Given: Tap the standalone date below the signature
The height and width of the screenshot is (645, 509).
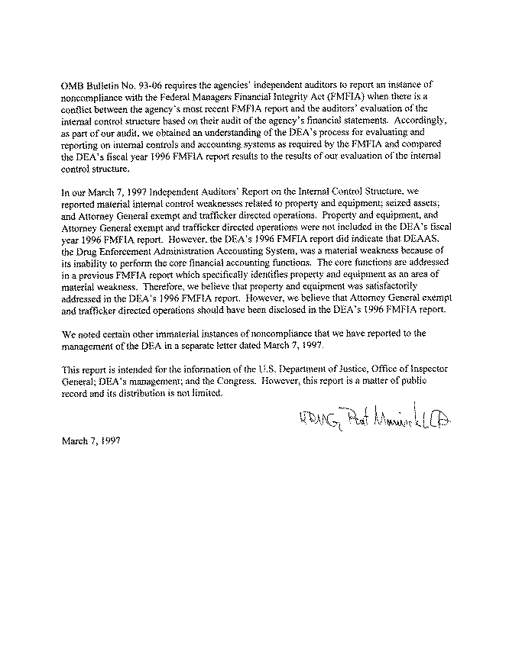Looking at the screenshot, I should click(x=89, y=440).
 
